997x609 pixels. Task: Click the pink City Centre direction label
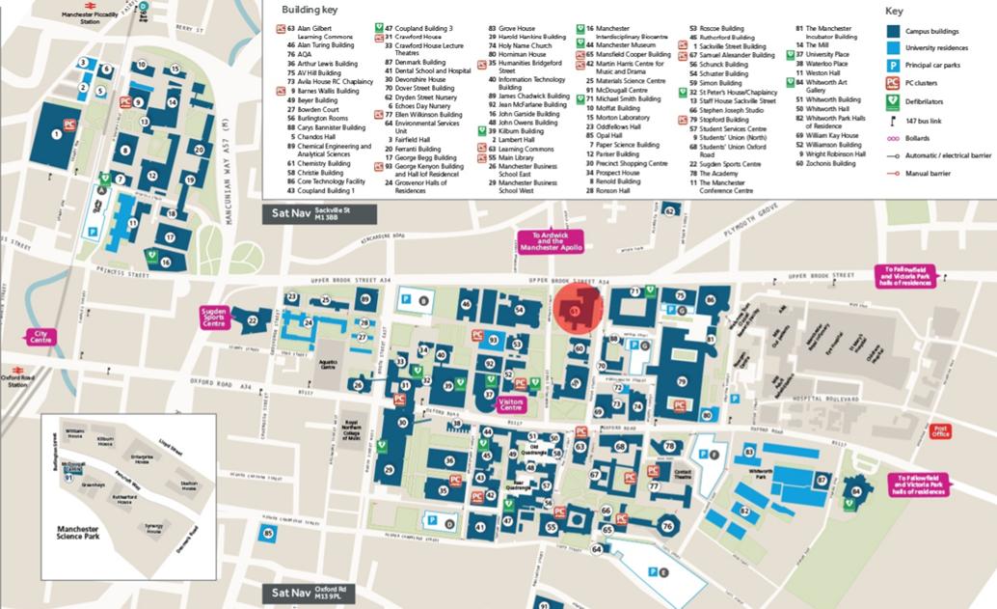[x=40, y=337]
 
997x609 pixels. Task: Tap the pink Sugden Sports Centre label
[x=213, y=317]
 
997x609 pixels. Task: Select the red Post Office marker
[x=941, y=430]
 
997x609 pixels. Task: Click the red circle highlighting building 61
[x=577, y=310]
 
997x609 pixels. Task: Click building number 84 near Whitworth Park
[x=856, y=491]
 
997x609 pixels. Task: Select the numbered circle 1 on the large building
[x=56, y=134]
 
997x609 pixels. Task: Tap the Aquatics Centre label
[x=328, y=365]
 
